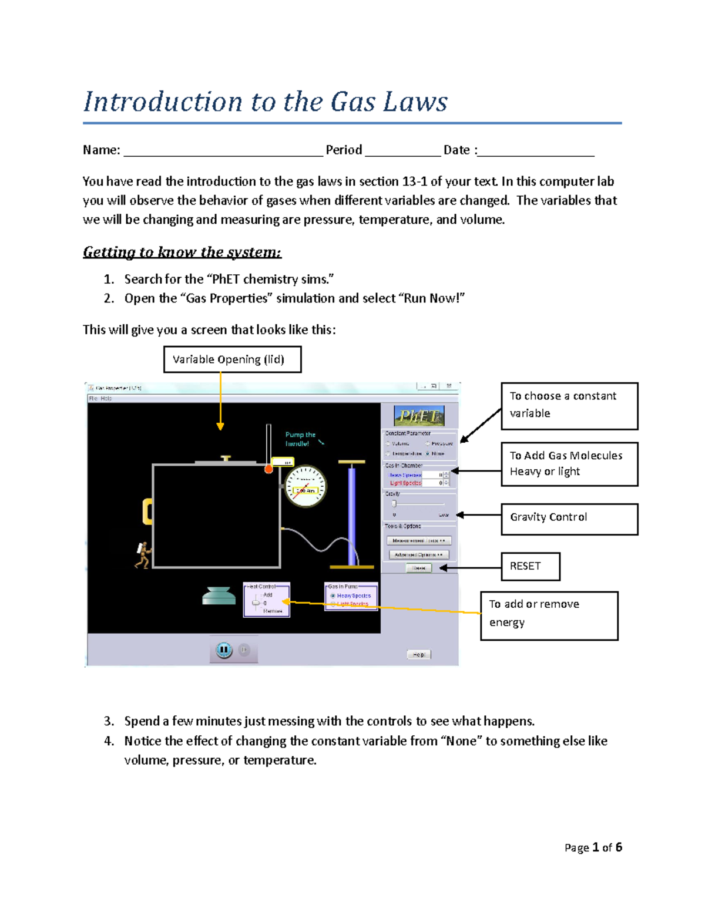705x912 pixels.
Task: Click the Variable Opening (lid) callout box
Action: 232,359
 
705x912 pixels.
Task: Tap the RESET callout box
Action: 530,566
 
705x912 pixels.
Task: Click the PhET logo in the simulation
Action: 418,416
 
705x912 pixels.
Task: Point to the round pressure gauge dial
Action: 305,486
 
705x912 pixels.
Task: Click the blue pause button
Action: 224,650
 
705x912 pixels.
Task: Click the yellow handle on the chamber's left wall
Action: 147,511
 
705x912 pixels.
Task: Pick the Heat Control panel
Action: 267,600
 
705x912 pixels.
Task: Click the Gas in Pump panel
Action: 351,596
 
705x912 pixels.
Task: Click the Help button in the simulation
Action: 419,654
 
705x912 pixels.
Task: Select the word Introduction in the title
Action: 163,102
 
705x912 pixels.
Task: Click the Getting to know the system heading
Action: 182,252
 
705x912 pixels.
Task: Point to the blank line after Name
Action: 223,151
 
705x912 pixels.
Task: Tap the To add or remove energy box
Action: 549,615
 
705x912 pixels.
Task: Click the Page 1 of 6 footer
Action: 593,847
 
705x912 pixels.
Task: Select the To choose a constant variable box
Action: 569,406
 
